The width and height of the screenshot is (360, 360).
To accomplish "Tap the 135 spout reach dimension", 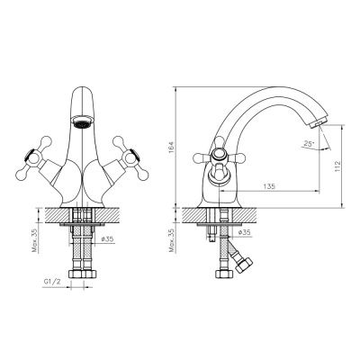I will (270, 185).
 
